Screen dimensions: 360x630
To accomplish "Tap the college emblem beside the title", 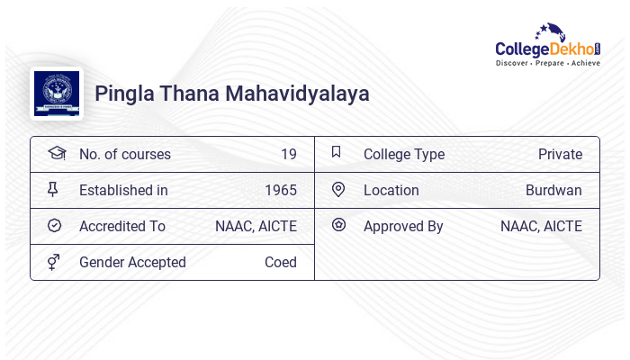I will [x=56, y=94].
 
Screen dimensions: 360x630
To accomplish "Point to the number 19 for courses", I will [x=288, y=154].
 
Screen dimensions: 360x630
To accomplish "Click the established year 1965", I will [x=281, y=190].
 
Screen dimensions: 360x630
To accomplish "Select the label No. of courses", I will [x=124, y=154].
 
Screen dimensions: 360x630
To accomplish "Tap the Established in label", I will [x=123, y=190].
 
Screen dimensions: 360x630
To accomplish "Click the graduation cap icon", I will [x=56, y=153].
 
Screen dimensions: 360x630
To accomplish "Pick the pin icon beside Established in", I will [x=53, y=189].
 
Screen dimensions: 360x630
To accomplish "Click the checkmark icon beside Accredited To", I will [x=54, y=226].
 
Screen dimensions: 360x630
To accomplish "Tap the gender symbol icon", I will [x=54, y=262].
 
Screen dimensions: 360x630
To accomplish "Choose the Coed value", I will [x=281, y=262].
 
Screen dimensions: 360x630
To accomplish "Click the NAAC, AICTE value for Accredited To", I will [x=256, y=226].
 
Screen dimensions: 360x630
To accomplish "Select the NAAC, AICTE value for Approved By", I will [x=541, y=226].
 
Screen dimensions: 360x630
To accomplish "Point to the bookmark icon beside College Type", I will [x=336, y=152].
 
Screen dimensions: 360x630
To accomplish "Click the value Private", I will [x=560, y=154].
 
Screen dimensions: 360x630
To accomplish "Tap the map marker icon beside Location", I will [x=338, y=189].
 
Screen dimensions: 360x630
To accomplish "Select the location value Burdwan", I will [x=553, y=190].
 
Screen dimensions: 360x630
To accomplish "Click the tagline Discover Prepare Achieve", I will [x=548, y=64].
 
